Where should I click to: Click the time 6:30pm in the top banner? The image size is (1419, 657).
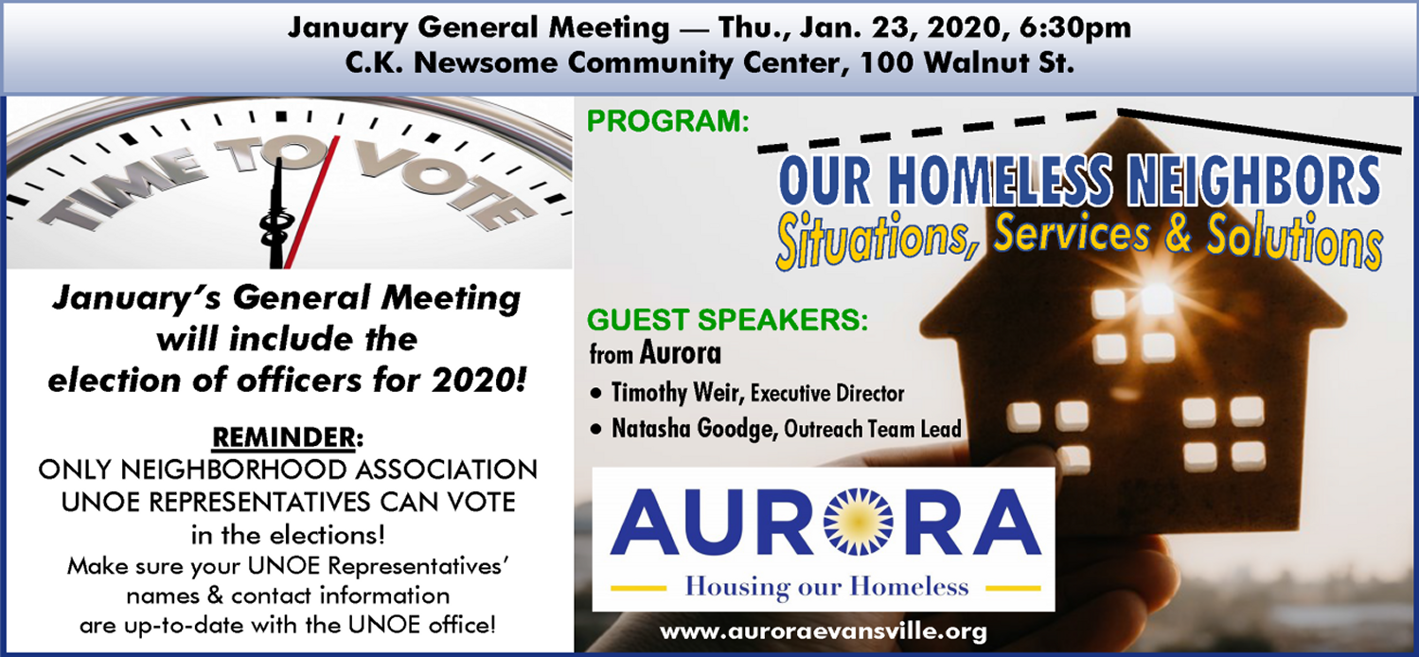[1075, 27]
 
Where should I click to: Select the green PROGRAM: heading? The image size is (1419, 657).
[667, 120]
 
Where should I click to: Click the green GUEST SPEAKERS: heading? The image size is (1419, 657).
[727, 320]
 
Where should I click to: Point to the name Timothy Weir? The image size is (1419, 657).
[675, 393]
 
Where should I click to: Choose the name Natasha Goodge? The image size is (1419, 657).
[694, 429]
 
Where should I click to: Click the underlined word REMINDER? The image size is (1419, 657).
[283, 437]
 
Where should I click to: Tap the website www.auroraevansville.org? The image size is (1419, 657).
[823, 631]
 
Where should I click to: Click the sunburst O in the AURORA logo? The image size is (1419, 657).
[858, 522]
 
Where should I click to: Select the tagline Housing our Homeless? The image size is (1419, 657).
[826, 586]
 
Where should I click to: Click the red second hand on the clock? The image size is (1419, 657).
[311, 202]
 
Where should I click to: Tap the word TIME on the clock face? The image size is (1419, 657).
[122, 188]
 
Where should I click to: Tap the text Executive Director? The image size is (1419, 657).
[826, 394]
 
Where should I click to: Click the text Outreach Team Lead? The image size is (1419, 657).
[873, 429]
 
